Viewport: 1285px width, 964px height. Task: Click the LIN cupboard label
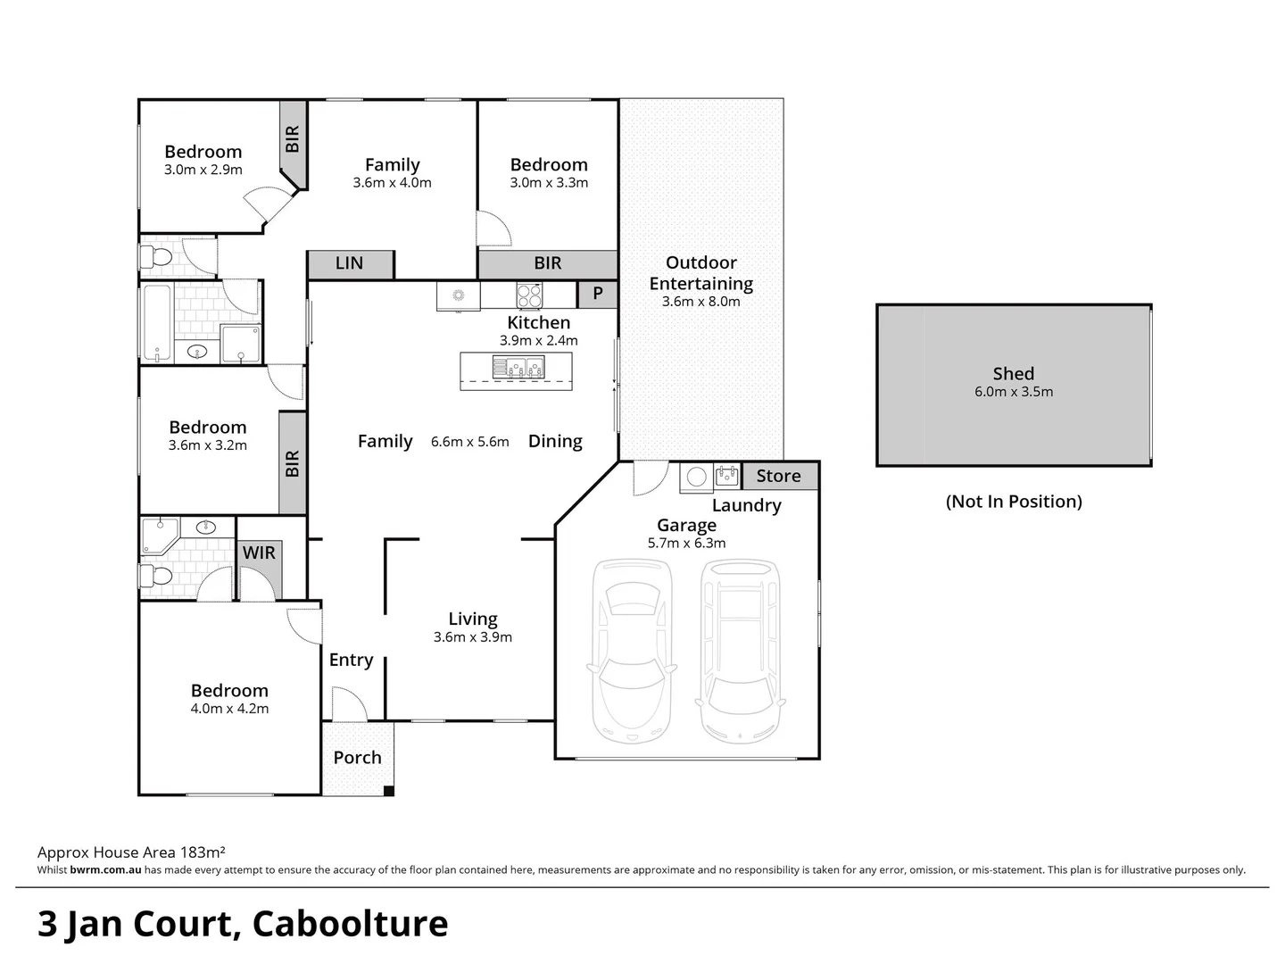click(x=349, y=263)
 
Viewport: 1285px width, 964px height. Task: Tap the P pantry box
click(x=598, y=294)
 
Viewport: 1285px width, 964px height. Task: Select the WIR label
click(x=259, y=553)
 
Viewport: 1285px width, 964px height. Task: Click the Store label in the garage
click(x=778, y=477)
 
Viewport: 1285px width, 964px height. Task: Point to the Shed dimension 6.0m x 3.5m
click(x=1014, y=392)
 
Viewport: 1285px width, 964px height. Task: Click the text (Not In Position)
click(x=1014, y=502)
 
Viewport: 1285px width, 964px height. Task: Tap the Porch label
click(x=357, y=758)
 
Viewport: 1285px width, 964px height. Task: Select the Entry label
click(x=351, y=660)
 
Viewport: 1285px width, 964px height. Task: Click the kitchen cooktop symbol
click(x=529, y=295)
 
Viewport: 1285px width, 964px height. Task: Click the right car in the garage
click(x=740, y=650)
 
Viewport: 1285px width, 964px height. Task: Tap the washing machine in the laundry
click(x=697, y=477)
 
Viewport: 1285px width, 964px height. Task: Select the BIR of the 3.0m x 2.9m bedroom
click(x=292, y=139)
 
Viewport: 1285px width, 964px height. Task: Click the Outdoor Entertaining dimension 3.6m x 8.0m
click(x=701, y=302)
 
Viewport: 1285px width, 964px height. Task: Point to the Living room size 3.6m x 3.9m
click(x=473, y=637)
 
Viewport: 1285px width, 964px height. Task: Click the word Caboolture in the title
click(x=350, y=924)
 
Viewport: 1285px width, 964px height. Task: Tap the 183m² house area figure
click(x=203, y=852)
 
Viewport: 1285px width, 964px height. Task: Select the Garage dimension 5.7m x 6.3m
click(x=686, y=543)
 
